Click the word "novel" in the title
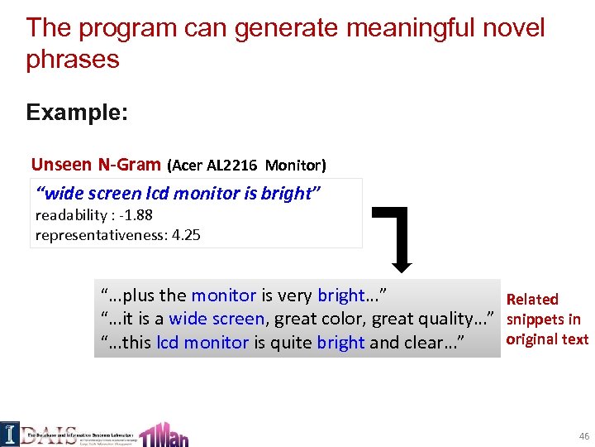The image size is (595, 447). tap(511, 28)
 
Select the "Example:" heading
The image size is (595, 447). tap(77, 112)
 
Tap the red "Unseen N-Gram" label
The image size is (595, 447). tap(96, 165)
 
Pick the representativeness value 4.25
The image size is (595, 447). tap(185, 234)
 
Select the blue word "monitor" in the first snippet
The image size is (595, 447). tap(223, 296)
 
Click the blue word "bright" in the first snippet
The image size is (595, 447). tap(340, 296)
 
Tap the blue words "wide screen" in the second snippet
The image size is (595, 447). tap(217, 319)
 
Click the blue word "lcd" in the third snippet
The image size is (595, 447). tap(167, 342)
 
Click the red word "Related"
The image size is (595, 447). tap(532, 299)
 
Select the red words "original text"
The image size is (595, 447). tap(547, 339)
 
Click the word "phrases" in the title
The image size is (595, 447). tap(73, 60)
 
